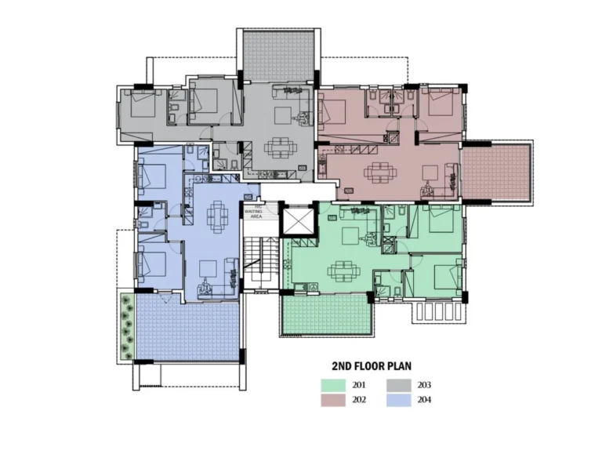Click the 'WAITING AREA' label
point(253,211)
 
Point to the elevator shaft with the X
point(296,220)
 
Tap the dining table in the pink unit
point(379,170)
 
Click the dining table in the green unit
point(343,271)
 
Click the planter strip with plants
point(125,324)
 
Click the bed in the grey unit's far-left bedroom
point(143,106)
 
